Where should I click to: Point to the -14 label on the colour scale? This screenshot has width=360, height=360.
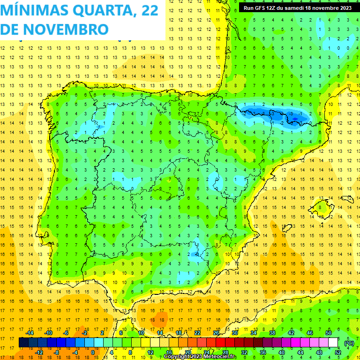[30, 332]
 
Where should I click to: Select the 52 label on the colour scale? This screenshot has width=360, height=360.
[338, 352]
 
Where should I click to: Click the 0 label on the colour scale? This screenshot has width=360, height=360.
[93, 352]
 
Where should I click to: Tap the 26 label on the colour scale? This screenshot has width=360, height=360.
[216, 332]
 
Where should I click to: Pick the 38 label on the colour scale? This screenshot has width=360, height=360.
[272, 332]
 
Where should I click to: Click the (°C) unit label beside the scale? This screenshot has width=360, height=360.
[349, 343]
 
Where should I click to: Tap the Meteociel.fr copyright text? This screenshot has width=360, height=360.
[199, 357]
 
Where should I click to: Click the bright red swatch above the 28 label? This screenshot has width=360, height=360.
[225, 343]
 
